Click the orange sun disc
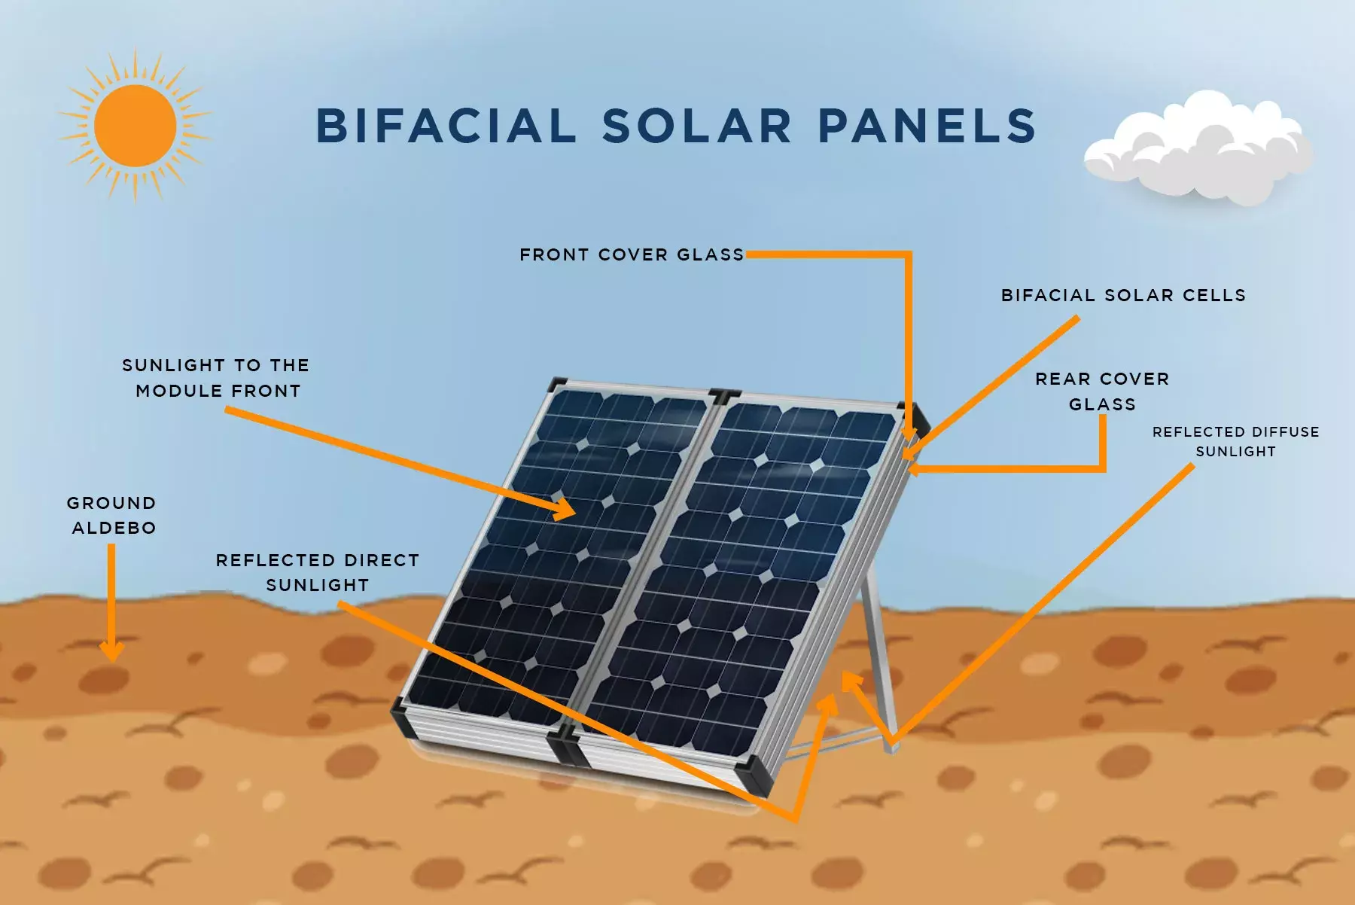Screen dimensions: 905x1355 point(135,126)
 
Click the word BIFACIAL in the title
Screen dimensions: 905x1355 point(446,126)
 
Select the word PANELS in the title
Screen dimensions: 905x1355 point(927,126)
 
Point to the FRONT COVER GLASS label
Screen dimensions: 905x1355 point(631,254)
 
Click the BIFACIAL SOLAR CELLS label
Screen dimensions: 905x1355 point(1123,295)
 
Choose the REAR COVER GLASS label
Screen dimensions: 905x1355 point(1102,392)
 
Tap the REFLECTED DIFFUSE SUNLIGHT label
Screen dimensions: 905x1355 point(1235,441)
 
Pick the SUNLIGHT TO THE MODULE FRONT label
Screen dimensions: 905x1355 point(217,378)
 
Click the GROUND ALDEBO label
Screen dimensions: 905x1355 point(112,515)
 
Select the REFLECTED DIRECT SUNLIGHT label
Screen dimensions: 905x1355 point(317,572)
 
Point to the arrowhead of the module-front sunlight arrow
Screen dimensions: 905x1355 point(566,510)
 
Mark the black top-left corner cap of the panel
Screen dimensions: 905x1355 point(557,383)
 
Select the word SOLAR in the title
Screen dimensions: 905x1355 point(696,126)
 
